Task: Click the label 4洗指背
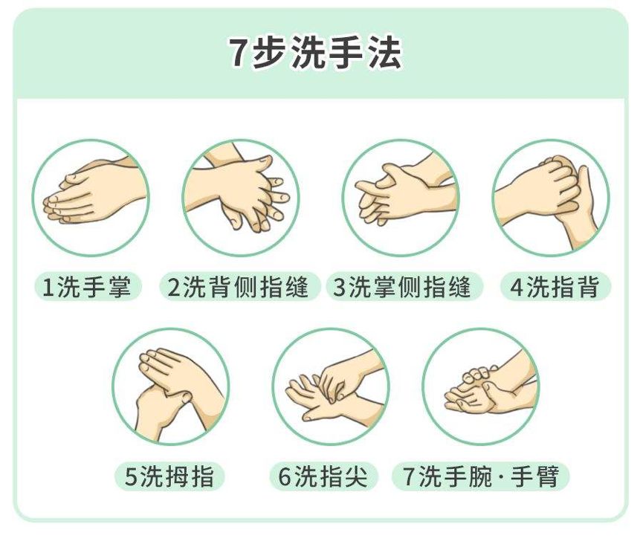pos(555,288)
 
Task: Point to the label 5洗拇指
pos(169,476)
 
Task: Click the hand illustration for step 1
pos(90,198)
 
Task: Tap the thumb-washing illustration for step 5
pos(171,386)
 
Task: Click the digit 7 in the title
pos(237,54)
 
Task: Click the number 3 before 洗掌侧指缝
pos(340,288)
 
